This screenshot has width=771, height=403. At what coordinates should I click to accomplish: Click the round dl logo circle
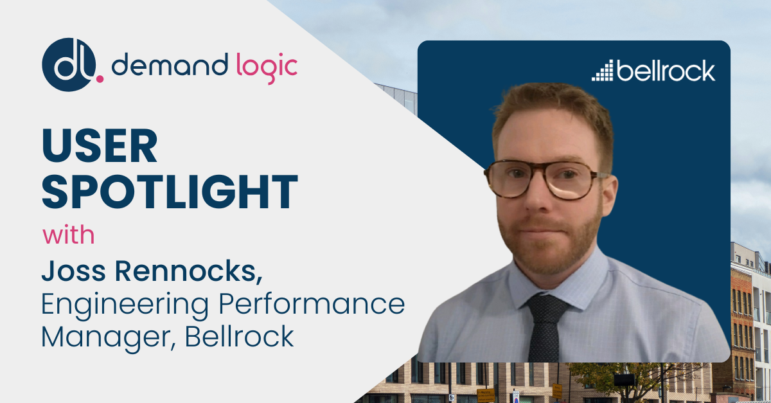[69, 65]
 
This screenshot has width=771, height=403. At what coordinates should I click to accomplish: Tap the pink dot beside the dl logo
[100, 79]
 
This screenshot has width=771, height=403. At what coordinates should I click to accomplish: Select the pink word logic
[267, 68]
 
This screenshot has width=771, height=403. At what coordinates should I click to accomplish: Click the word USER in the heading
[100, 145]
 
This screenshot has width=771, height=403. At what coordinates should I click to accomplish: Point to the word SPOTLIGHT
[170, 192]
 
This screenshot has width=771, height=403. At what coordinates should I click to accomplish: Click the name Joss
[73, 271]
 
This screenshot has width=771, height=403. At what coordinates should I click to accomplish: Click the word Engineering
[125, 305]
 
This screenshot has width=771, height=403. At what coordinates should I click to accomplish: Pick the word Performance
[312, 304]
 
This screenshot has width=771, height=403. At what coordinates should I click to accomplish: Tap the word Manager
[109, 337]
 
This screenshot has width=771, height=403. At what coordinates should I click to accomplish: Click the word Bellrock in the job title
[239, 336]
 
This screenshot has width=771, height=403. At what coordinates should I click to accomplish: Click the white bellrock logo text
[666, 71]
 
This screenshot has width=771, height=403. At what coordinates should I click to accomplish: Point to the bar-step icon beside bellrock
[603, 71]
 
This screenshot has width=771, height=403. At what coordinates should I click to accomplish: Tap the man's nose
[538, 198]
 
